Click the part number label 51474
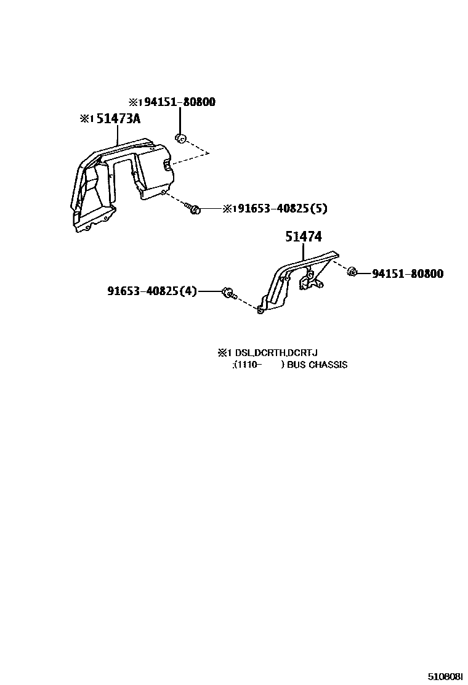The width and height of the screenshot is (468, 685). pyautogui.click(x=303, y=237)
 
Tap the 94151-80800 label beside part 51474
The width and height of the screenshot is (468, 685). pyautogui.click(x=407, y=274)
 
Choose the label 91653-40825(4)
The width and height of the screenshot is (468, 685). pyautogui.click(x=151, y=291)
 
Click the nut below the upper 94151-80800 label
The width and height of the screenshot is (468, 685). pyautogui.click(x=180, y=137)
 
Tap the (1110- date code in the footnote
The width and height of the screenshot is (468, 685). pyautogui.click(x=247, y=365)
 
